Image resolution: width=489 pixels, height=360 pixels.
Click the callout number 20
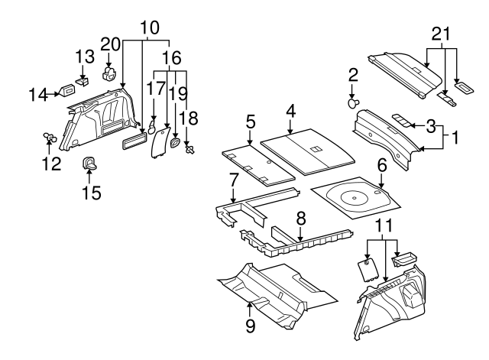pos(110,44)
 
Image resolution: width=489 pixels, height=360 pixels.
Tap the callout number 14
pos(38,94)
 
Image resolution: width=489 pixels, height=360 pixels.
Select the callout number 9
pos(250,326)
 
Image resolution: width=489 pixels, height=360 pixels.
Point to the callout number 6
pos(382,165)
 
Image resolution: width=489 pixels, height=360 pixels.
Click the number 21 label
pos(442,34)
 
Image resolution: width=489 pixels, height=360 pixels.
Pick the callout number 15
pos(92,193)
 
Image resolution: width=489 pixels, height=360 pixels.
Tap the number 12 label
pos(51,164)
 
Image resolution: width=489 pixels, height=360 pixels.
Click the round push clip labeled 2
pos(353,103)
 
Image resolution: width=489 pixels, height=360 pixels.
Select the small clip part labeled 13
pos(82,83)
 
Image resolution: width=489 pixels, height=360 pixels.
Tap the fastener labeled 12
pos(49,137)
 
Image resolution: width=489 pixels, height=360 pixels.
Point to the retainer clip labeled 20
pos(109,74)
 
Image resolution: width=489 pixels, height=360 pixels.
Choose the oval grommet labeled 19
pos(175,143)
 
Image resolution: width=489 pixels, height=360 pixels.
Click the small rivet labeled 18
pos(189,150)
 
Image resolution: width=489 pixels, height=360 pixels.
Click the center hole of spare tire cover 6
pos(355,198)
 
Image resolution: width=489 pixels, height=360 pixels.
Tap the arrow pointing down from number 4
pos(290,127)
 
